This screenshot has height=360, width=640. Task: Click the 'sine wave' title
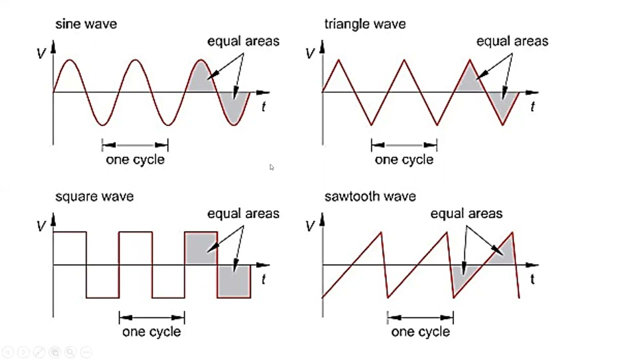[86, 24]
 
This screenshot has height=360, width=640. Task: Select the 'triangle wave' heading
[365, 24]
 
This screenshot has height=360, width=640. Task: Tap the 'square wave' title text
[94, 197]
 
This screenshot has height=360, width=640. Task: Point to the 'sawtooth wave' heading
[370, 196]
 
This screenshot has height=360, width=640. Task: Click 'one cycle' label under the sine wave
[135, 160]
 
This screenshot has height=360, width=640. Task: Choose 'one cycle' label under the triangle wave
[404, 160]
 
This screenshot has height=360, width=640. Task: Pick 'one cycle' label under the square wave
[151, 332]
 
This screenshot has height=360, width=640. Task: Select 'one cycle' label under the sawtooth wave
[420, 332]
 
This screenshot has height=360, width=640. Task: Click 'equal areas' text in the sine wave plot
[243, 41]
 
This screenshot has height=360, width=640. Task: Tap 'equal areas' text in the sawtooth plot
[466, 214]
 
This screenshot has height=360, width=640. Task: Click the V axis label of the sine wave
[41, 53]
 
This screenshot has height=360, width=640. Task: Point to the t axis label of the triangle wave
[532, 107]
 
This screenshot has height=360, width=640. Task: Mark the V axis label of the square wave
[41, 226]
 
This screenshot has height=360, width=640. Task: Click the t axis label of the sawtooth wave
[532, 279]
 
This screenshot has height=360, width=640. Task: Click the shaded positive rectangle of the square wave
[201, 248]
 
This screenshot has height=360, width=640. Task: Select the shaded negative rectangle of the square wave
[234, 281]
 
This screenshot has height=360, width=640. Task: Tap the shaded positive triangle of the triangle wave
[469, 80]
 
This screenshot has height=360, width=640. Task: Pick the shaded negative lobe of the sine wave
[234, 107]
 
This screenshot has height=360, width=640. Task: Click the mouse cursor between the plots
[271, 167]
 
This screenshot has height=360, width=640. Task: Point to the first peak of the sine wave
[69, 60]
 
